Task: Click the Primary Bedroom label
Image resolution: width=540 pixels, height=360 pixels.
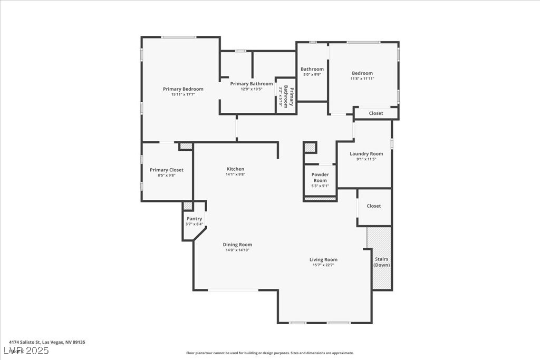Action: click(183, 89)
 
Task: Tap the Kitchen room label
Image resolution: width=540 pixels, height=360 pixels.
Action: click(235, 169)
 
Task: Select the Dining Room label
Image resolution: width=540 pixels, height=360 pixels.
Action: click(237, 245)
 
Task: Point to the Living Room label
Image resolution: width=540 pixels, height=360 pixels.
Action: click(323, 259)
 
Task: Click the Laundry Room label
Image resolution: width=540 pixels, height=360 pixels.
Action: click(366, 154)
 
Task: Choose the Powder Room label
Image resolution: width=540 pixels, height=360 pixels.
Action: click(320, 178)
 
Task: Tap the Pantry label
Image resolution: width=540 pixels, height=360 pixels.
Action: click(194, 219)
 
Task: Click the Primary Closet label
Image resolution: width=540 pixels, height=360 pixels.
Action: click(167, 170)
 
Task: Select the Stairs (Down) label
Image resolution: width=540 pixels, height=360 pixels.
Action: click(381, 262)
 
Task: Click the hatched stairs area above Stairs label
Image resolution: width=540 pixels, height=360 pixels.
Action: click(378, 240)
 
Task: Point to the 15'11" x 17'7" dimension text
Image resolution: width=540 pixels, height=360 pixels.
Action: click(183, 95)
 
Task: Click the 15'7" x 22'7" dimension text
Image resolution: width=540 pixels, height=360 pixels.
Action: click(323, 265)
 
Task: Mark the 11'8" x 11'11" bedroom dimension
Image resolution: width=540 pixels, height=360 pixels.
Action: click(362, 79)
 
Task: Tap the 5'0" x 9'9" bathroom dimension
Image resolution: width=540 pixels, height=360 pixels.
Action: click(312, 75)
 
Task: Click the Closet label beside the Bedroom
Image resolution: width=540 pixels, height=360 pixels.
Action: click(376, 113)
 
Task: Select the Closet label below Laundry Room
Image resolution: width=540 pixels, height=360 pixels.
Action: click(374, 206)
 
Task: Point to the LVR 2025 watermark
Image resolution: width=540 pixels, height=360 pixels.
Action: click(26, 350)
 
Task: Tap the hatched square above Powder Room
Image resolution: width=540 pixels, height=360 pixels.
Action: click(310, 148)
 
